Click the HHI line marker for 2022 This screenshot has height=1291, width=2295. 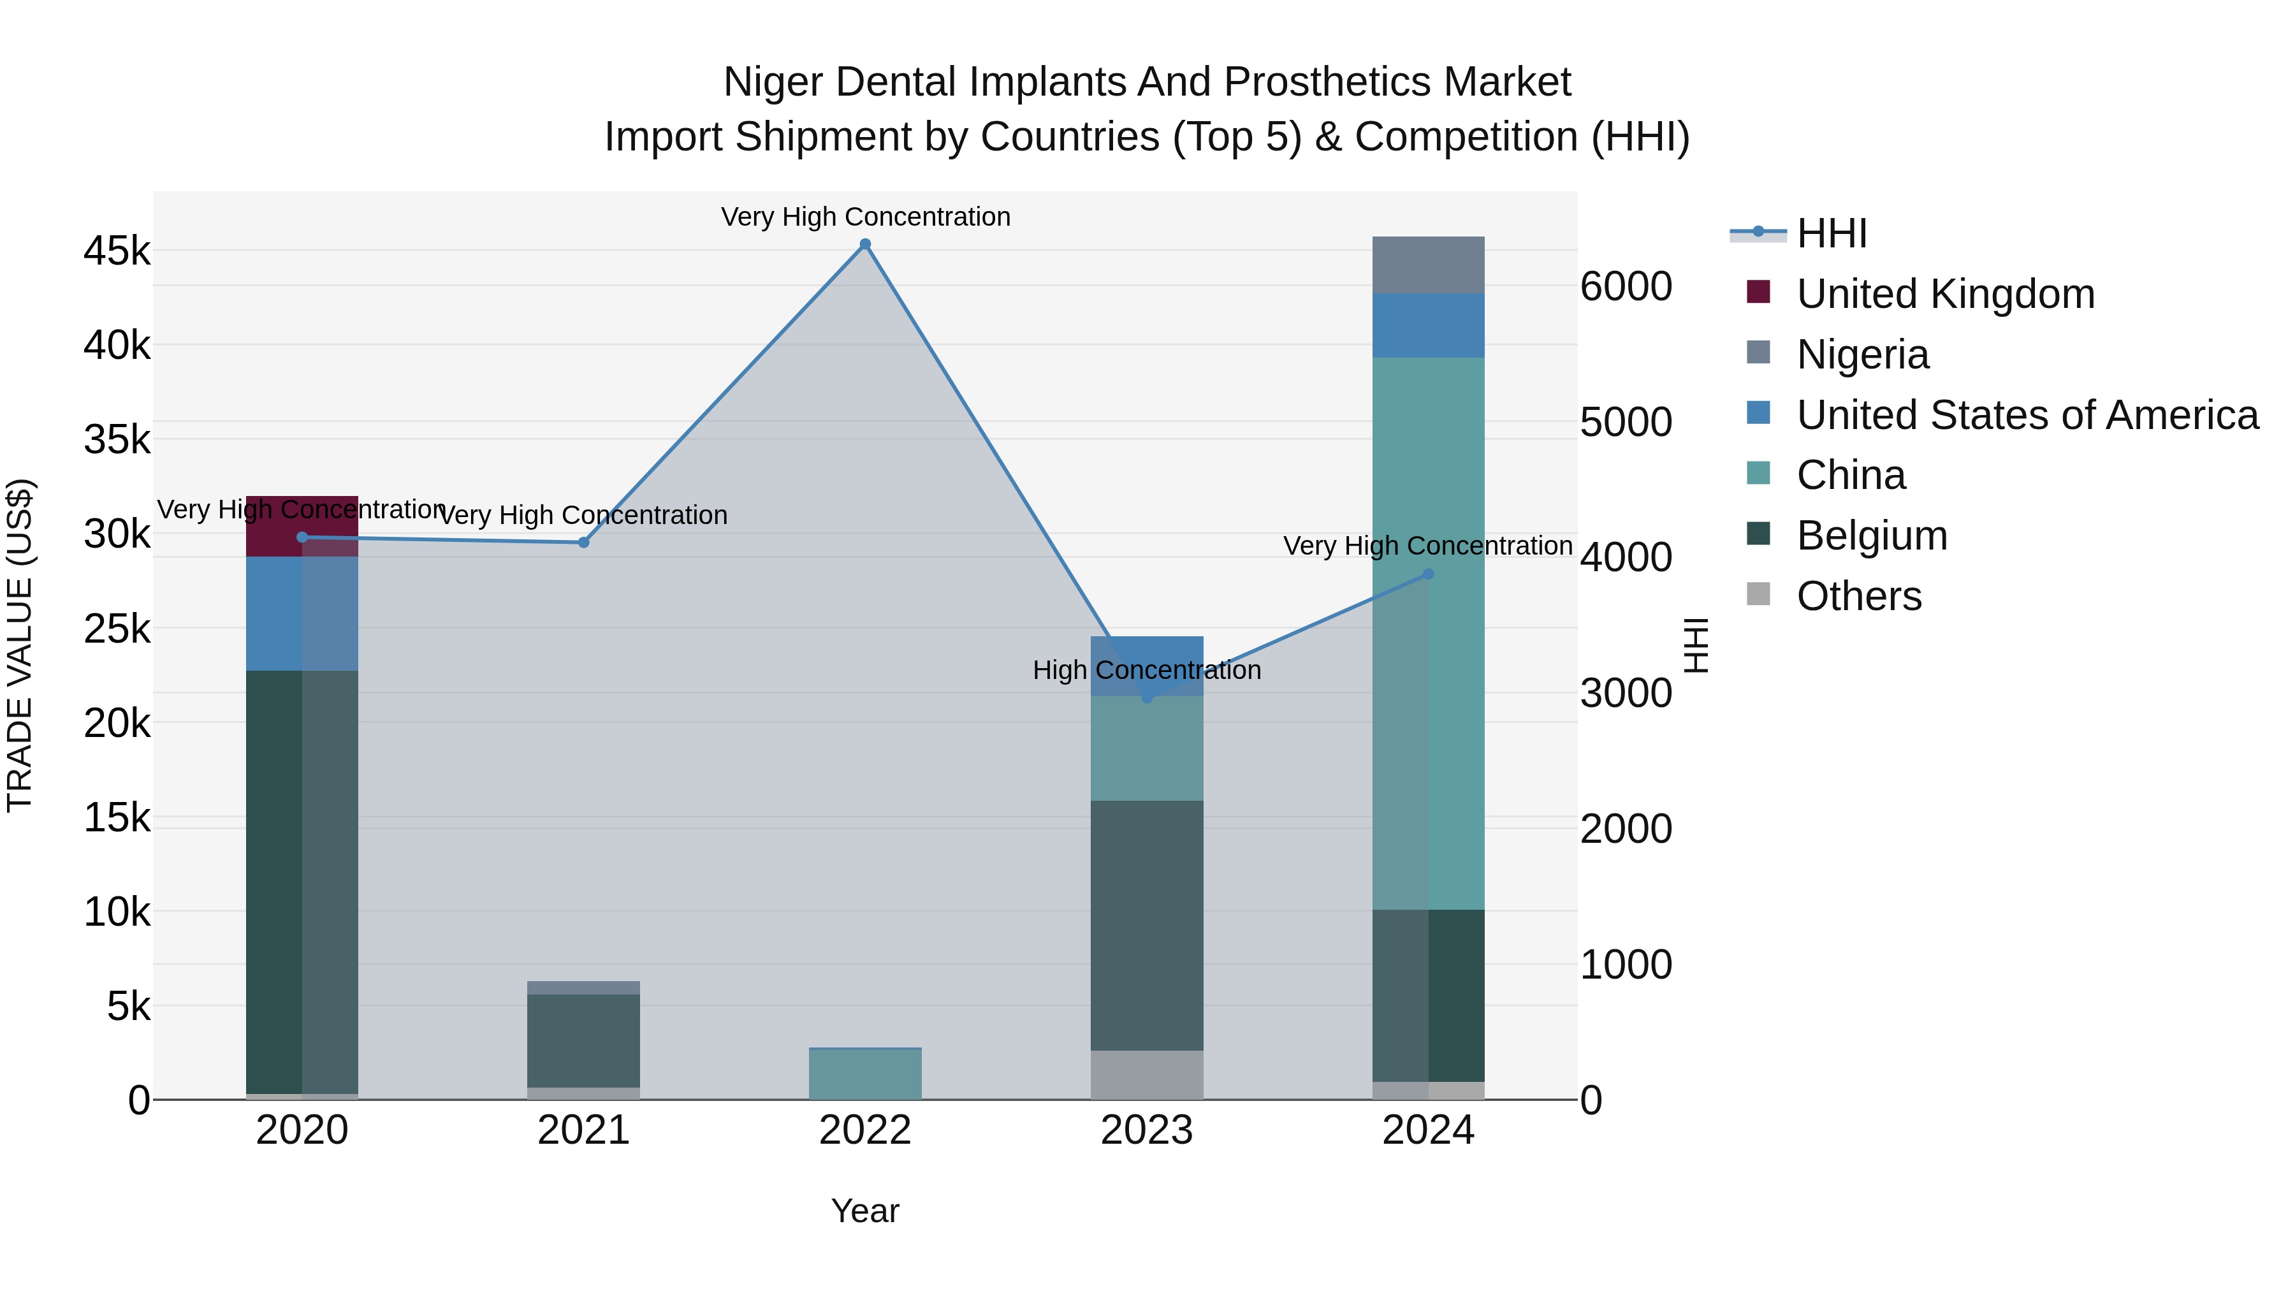864,244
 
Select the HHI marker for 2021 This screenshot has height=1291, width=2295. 583,543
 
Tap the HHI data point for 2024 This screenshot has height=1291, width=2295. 1428,574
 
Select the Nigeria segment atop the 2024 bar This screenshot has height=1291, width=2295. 1428,265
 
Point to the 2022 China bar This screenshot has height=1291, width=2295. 864,1074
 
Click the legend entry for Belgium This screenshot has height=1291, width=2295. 1871,536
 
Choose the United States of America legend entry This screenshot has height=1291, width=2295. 2027,415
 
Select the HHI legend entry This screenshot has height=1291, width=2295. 1831,233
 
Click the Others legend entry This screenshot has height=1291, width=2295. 1858,596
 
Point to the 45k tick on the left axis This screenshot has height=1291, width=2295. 117,251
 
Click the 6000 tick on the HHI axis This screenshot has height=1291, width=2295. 1626,287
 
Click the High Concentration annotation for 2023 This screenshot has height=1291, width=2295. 1147,670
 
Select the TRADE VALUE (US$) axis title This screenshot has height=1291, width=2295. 20,645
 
